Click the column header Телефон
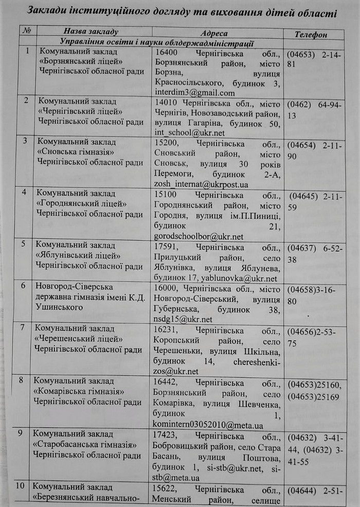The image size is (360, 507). pos(311,34)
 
